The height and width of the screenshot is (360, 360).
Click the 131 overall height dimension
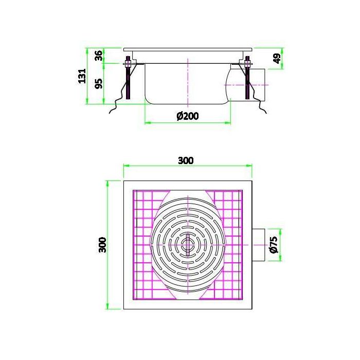(x=81, y=76)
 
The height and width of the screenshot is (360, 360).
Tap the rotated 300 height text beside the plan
(x=102, y=244)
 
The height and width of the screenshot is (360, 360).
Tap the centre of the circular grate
(x=187, y=242)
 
